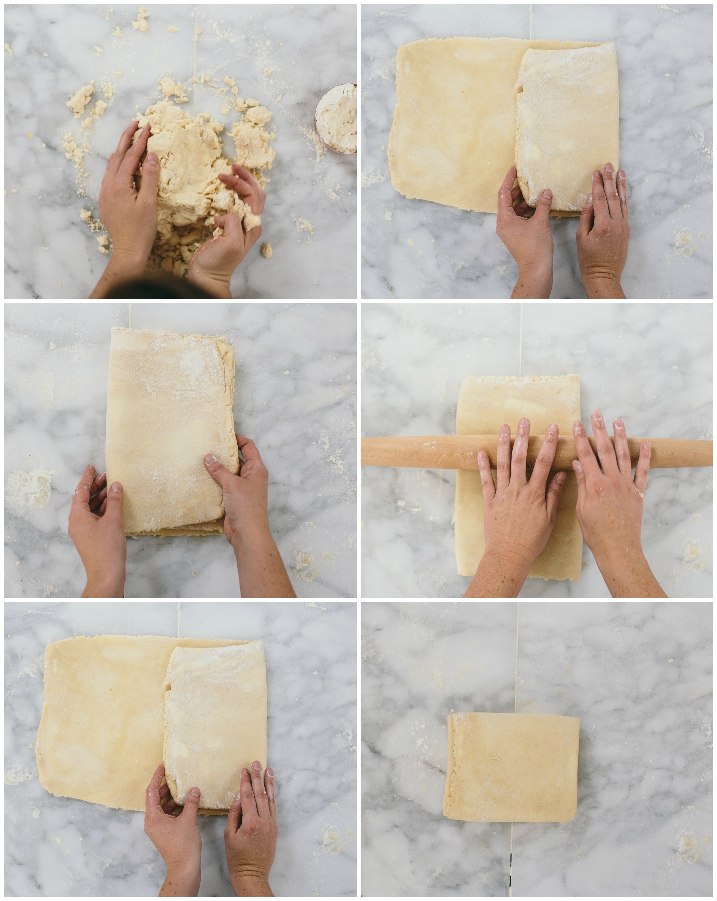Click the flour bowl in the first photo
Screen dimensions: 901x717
coord(337,118)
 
